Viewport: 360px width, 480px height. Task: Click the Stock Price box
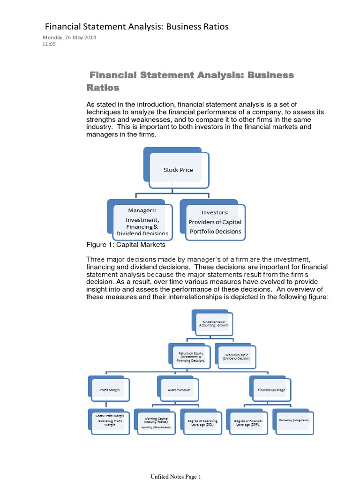178,170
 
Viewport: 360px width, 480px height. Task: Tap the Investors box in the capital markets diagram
215,222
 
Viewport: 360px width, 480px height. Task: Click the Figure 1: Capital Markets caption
126,245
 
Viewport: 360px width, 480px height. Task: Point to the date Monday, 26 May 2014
69,38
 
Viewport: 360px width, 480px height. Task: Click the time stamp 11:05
49,45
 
